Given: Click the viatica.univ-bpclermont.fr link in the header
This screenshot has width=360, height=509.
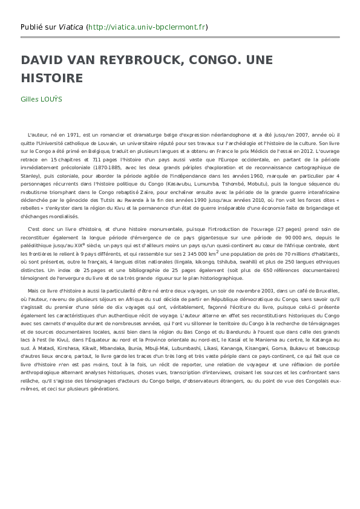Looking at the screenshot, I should pyautogui.click(x=147, y=27).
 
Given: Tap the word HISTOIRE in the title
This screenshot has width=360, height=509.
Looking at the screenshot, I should pyautogui.click(x=51, y=79).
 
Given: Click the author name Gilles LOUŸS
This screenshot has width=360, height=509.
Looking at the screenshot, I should pyautogui.click(x=41, y=99).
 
